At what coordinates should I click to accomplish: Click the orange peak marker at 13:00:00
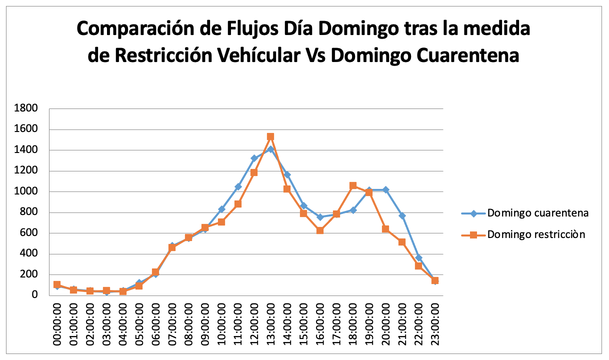point(270,136)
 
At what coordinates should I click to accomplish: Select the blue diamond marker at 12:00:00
point(254,158)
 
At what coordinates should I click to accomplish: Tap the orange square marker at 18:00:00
point(353,185)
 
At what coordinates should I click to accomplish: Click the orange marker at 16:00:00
point(320,230)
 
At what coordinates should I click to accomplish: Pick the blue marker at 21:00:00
point(402,215)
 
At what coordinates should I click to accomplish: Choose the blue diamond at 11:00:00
point(238,186)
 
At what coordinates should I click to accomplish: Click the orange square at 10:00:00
point(221,222)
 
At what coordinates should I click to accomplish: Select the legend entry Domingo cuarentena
point(537,213)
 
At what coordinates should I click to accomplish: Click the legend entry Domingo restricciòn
point(536,234)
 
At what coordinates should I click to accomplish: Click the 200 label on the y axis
point(31,274)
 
